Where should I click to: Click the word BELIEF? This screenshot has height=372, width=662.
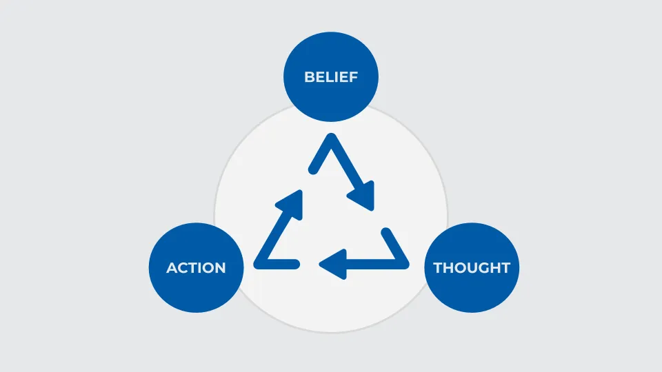click(x=331, y=77)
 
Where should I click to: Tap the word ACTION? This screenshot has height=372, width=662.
click(x=196, y=267)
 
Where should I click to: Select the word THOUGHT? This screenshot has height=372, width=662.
click(x=472, y=267)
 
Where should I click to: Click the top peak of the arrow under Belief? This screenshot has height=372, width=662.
click(x=331, y=139)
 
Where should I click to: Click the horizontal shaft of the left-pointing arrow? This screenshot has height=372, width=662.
click(x=369, y=263)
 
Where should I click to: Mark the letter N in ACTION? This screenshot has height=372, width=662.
click(x=219, y=267)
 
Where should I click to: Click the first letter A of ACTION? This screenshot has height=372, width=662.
click(x=172, y=267)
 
